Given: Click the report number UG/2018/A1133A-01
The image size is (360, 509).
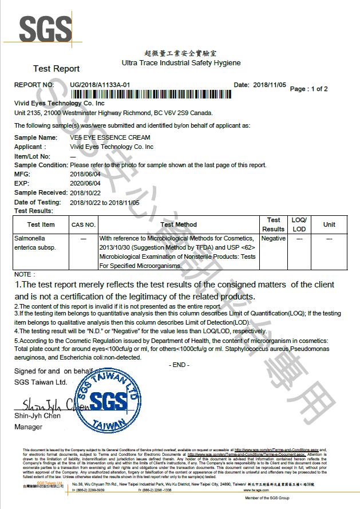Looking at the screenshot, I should pos(101,85).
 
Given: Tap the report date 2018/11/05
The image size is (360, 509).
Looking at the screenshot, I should pos(269,85).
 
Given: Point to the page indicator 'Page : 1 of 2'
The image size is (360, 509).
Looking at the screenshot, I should pos(309,89).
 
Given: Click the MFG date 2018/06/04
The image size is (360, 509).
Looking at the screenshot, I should pos(85,174).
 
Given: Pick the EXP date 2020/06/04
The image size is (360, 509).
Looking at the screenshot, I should pos(85,183).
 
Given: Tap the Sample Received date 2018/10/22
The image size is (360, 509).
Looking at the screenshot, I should pos(85,192).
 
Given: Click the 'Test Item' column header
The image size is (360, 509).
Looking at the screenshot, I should pos(41,224).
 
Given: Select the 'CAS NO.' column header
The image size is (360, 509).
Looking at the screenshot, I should pos(84,224).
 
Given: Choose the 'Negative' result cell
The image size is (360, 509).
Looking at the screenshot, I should pos(274,238).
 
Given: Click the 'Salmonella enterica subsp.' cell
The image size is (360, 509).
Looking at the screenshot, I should pos(34,243).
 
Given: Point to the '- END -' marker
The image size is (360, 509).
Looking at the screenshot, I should pos(180,365).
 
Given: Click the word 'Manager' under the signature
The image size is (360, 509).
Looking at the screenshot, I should pos(28,427).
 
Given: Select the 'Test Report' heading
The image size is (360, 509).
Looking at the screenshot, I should pos(56,69).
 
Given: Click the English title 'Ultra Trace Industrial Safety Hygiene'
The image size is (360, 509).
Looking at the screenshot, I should pos(181,62).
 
